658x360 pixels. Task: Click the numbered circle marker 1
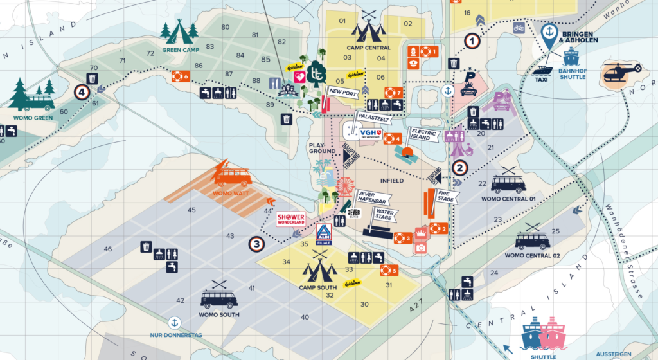coord(473,41)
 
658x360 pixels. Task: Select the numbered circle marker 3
coord(256,244)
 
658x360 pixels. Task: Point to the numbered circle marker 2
coord(459,168)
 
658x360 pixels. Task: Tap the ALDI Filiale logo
coord(325,233)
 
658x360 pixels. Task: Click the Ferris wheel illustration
coord(344,188)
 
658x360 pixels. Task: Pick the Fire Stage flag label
coord(445,195)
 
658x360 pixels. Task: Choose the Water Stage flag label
coord(384,214)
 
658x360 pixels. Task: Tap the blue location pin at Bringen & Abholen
coord(549,36)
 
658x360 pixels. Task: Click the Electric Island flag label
coord(424,135)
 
